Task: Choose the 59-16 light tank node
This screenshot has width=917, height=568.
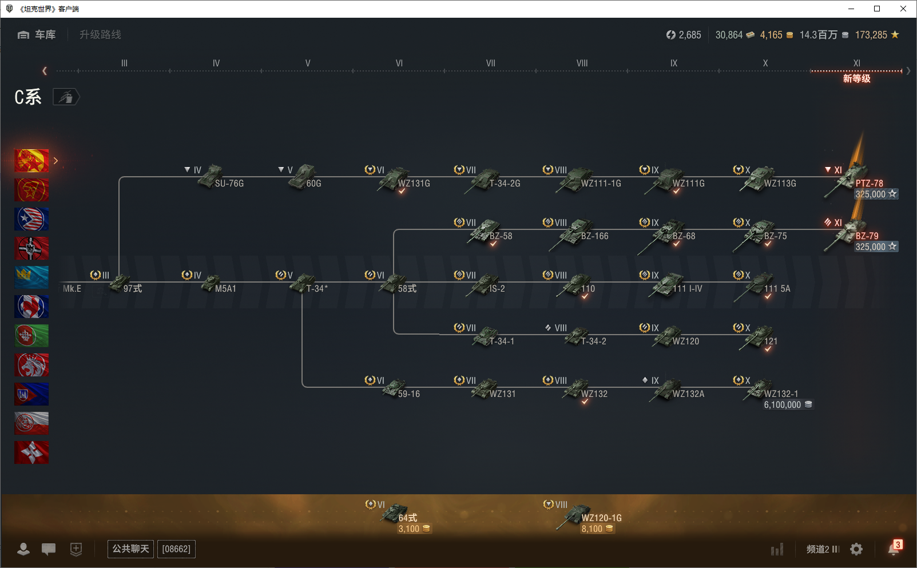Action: [396, 390]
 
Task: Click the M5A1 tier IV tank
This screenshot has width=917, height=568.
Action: [213, 285]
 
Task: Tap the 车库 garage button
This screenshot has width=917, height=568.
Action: [37, 35]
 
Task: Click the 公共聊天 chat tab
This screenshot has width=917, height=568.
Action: [130, 549]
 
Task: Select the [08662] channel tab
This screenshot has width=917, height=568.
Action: [176, 549]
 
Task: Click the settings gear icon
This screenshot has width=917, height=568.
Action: [856, 549]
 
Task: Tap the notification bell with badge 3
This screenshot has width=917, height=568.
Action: [894, 549]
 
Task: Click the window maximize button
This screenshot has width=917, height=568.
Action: [877, 9]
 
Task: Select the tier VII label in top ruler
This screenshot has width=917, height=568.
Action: [491, 63]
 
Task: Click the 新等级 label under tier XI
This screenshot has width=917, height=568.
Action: [856, 79]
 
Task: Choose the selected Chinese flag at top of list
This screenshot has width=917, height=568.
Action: [31, 161]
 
